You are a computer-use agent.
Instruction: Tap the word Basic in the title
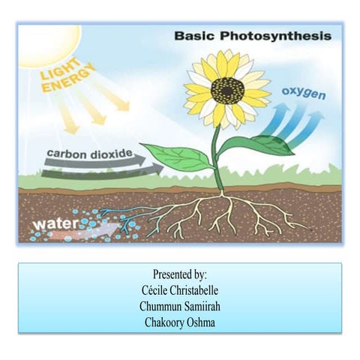pyautogui.click(x=193, y=35)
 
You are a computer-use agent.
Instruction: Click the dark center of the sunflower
pyautogui.click(x=227, y=90)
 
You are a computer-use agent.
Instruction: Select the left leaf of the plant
pyautogui.click(x=178, y=157)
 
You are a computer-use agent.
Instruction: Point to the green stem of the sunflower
pyautogui.click(x=216, y=157)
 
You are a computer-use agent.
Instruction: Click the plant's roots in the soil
pyautogui.click(x=225, y=214)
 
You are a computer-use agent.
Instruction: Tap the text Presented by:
pyautogui.click(x=179, y=274)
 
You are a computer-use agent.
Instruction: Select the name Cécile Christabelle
pyautogui.click(x=179, y=289)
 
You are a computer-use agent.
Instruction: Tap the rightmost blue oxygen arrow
pyautogui.click(x=309, y=127)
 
